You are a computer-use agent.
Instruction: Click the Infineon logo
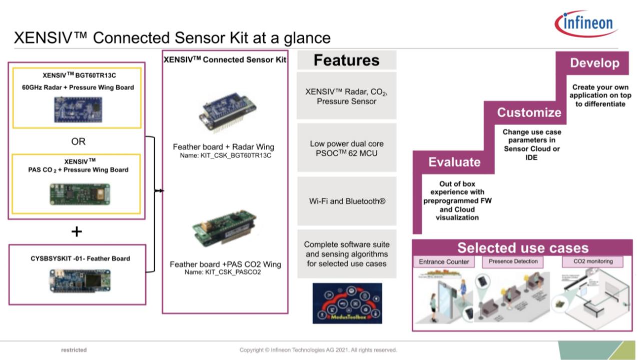[x=586, y=24]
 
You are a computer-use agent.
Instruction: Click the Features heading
[x=346, y=61]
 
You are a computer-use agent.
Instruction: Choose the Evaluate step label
[x=454, y=162]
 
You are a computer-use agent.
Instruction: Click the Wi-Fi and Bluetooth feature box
[x=347, y=201]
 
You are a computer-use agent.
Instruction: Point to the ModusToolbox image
[x=347, y=303]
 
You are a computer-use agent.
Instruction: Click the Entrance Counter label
[x=444, y=261]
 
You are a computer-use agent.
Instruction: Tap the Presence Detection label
[x=513, y=261]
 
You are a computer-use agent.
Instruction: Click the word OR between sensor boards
[x=78, y=142]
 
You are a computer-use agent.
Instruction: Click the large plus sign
[x=77, y=231]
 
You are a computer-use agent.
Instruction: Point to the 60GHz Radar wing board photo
[x=78, y=109]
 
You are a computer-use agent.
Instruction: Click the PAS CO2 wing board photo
[x=79, y=193]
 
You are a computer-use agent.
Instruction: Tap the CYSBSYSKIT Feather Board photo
[x=77, y=279]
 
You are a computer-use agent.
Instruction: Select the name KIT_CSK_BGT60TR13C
[x=225, y=156]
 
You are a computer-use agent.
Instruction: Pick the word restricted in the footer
[x=74, y=350]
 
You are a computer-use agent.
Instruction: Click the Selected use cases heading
[x=522, y=248]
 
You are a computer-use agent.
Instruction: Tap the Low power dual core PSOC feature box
[x=347, y=149]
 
